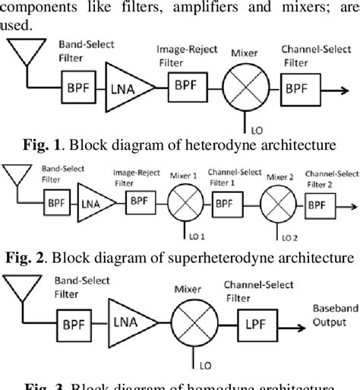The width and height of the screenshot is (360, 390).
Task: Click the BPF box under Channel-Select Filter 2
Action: [319, 204]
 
